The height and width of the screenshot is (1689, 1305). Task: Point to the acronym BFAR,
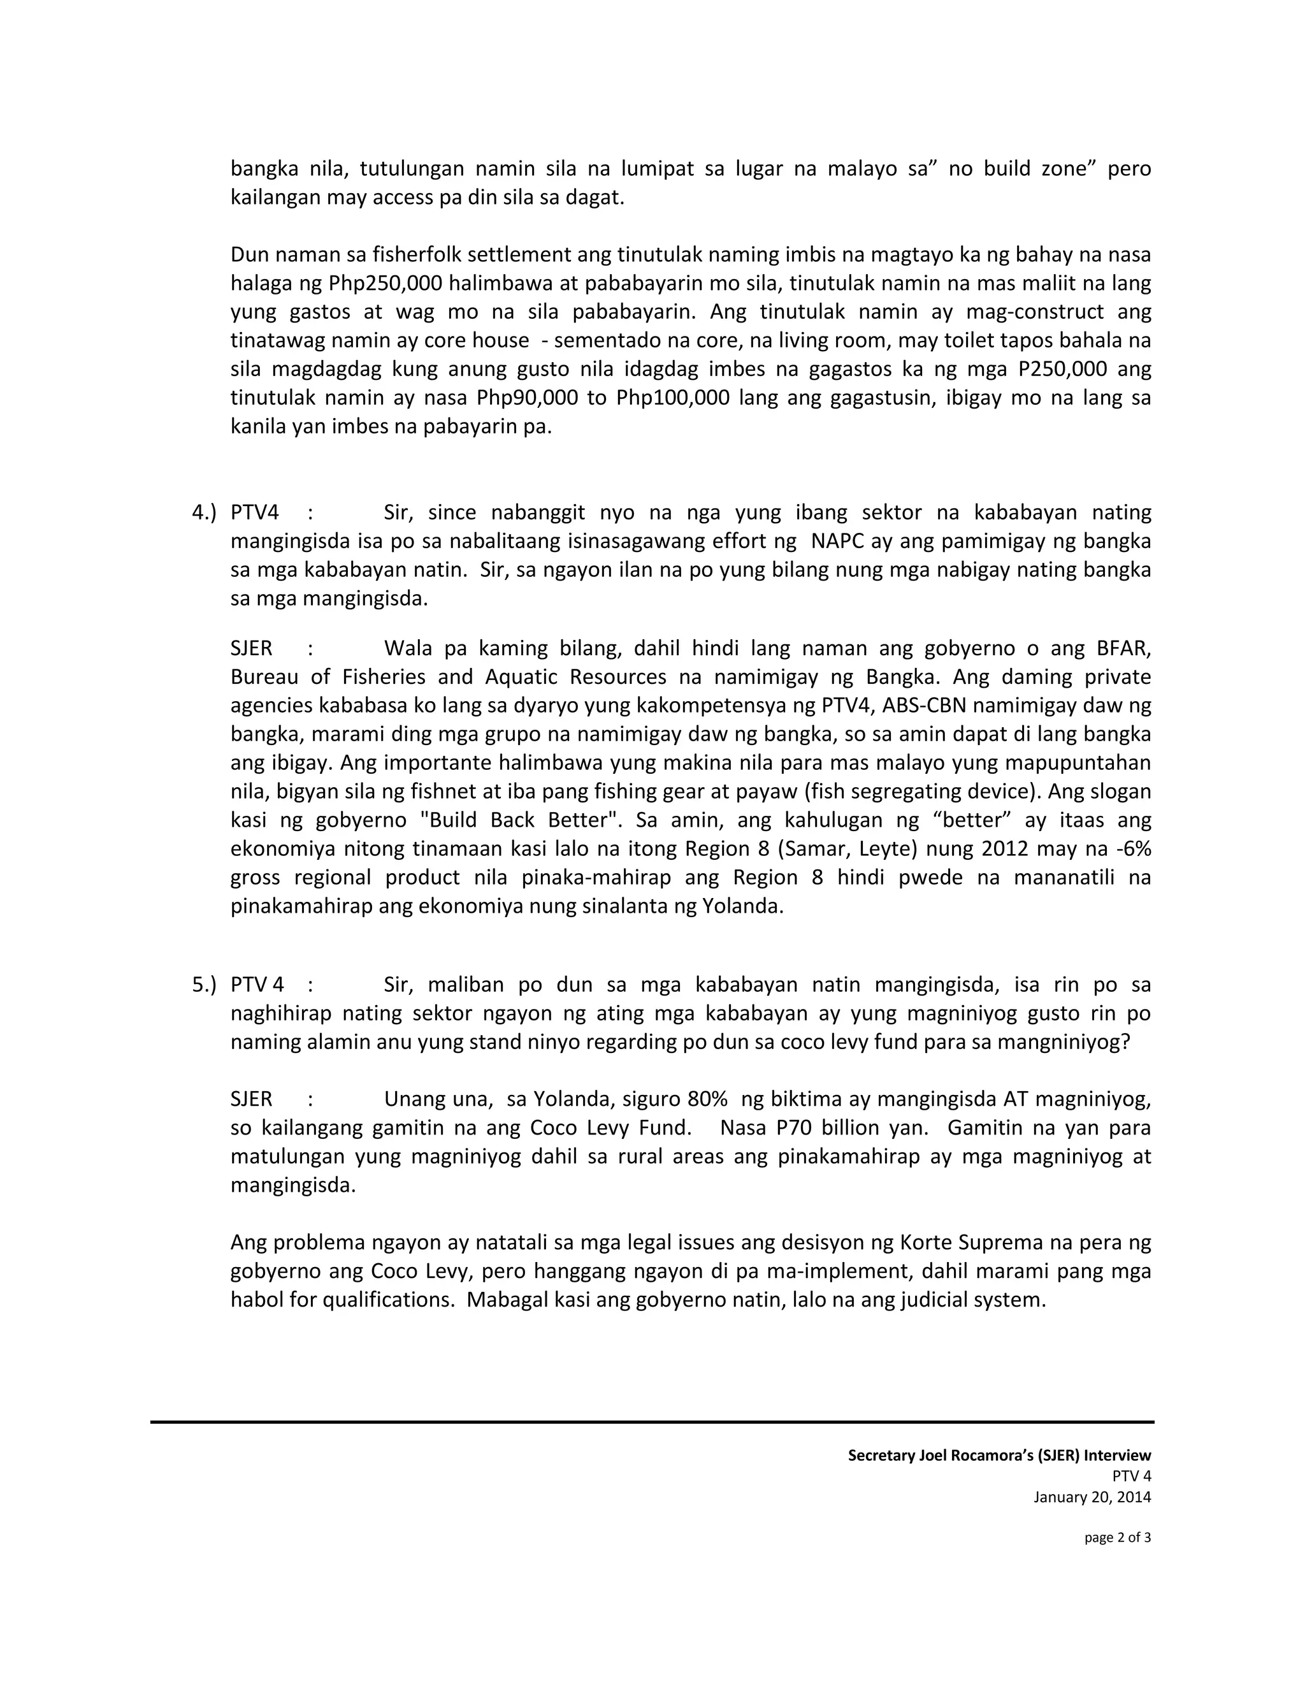point(1123,648)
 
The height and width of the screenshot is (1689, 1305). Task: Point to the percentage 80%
point(707,1099)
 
